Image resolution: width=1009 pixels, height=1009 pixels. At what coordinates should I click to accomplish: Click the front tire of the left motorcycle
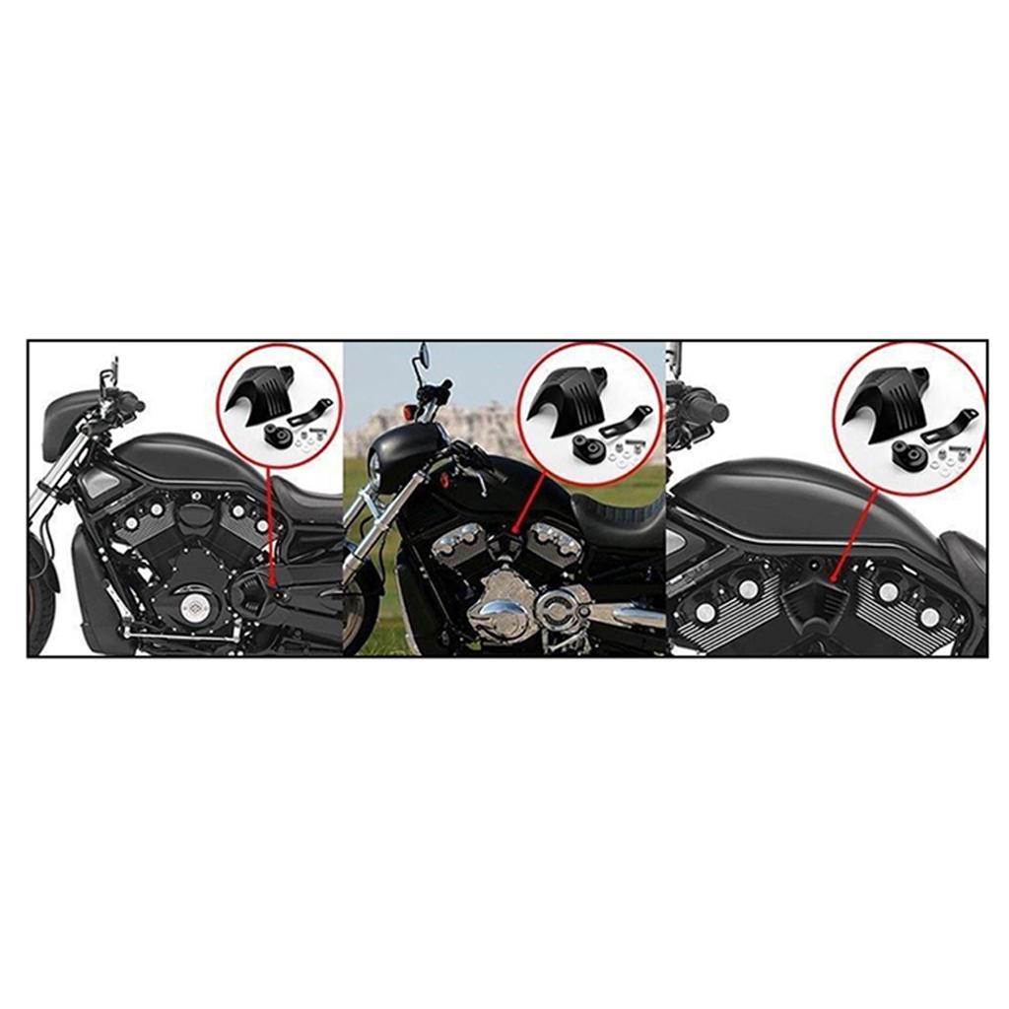click(x=39, y=601)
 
